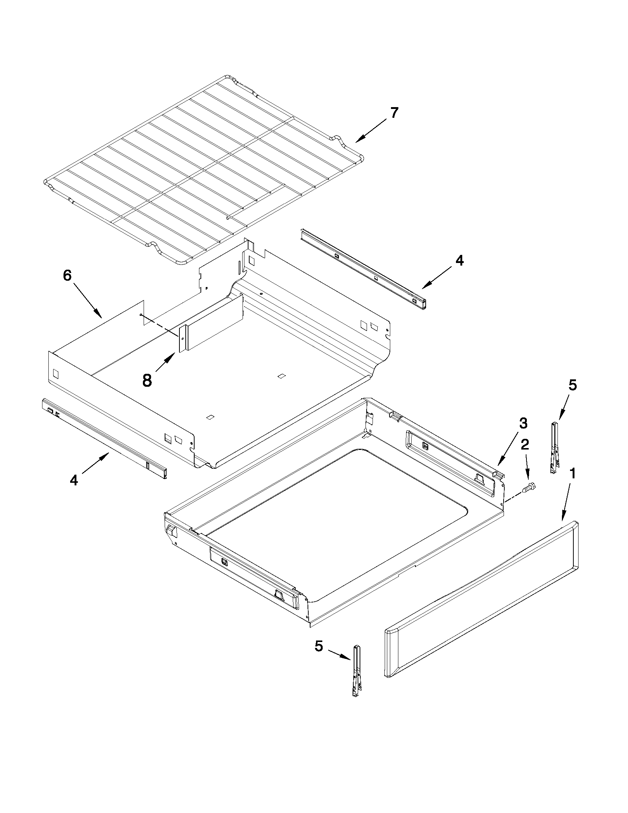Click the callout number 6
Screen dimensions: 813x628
67,276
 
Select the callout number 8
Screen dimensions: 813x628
147,380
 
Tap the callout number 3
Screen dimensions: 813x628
523,423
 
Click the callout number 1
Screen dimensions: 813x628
573,474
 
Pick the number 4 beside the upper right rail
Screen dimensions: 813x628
460,260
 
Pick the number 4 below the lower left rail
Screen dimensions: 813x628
74,481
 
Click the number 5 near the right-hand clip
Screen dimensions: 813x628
572,386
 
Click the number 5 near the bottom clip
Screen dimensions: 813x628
319,646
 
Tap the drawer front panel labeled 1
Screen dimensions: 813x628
480,599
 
